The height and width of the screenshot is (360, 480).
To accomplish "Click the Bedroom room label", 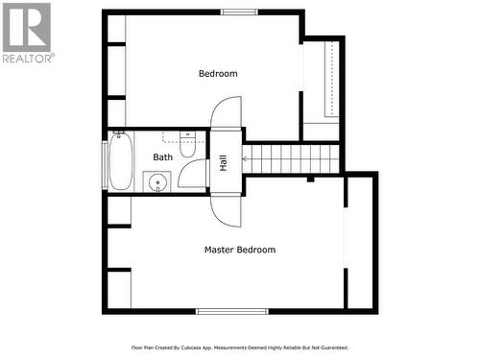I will [218, 74].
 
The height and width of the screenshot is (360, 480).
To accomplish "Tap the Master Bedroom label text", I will [239, 250].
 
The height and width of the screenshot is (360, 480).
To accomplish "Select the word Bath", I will [163, 156].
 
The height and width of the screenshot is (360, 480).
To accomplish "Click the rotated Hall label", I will [224, 163].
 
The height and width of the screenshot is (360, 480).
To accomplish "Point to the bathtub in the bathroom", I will [120, 162].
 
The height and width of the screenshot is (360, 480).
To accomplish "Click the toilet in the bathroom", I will [188, 147].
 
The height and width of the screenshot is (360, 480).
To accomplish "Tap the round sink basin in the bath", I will [157, 180].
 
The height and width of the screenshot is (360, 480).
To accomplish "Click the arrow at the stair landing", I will [247, 158].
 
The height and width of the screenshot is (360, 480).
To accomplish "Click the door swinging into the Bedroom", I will [226, 117].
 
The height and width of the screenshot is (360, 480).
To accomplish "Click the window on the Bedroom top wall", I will [239, 12].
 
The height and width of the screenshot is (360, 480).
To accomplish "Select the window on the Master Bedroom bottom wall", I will [232, 311].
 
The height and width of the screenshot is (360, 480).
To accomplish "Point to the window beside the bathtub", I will [104, 162].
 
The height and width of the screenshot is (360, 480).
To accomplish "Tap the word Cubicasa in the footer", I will [198, 348].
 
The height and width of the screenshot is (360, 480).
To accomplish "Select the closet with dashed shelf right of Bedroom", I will [321, 82].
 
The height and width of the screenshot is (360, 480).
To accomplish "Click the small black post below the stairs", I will [310, 178].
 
